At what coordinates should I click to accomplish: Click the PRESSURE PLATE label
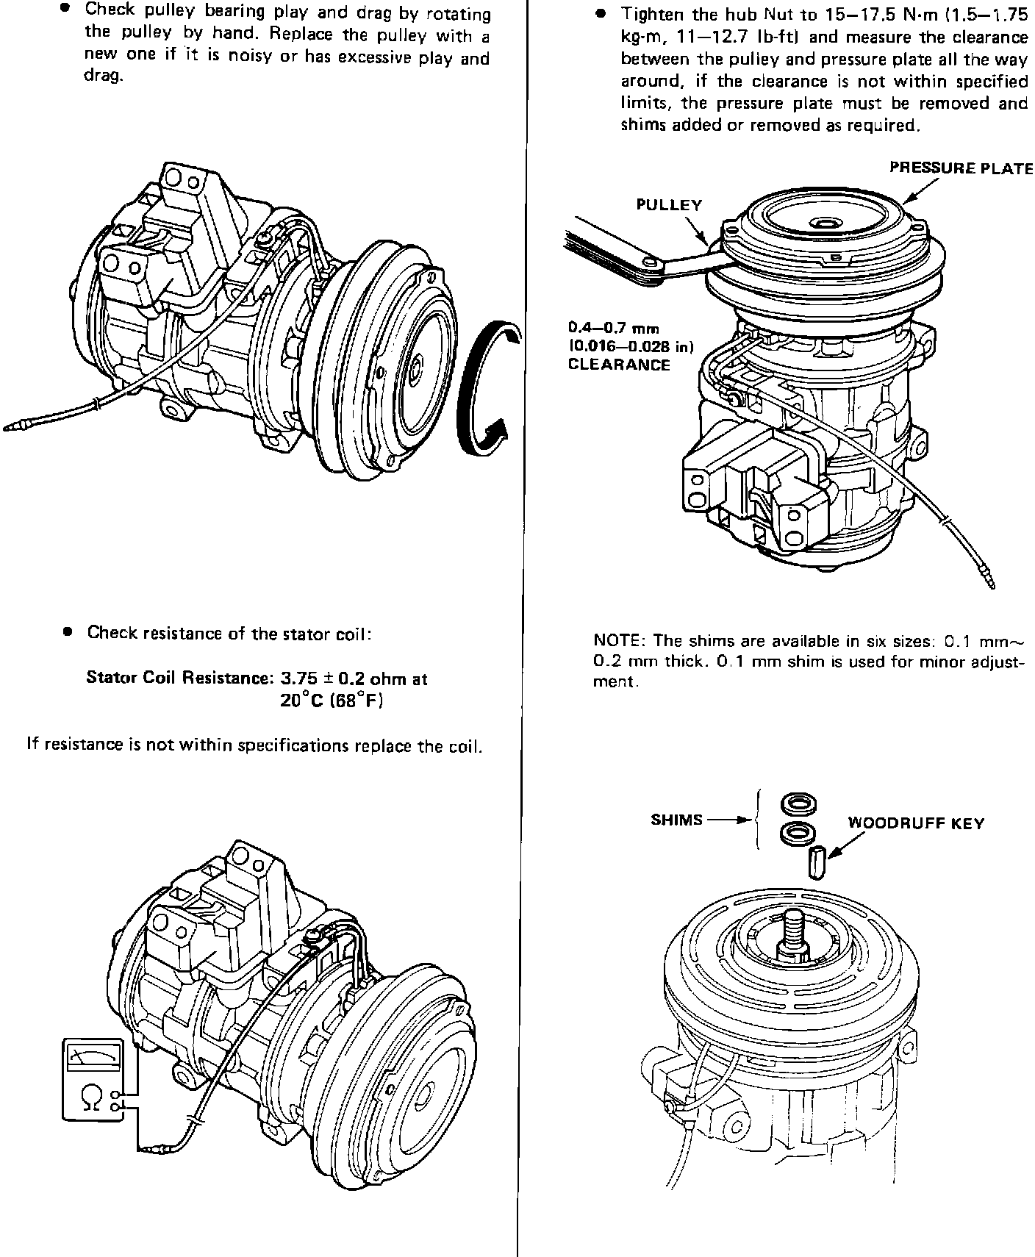coord(961,168)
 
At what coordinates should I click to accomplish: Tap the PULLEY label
coord(669,205)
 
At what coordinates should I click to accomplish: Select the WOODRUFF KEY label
coord(916,823)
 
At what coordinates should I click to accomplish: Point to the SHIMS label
coord(676,820)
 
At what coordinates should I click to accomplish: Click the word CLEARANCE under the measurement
coord(619,365)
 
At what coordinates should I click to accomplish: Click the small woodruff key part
coord(815,862)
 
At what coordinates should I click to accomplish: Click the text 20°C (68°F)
coord(332,701)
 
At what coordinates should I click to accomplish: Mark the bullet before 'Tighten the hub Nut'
coord(601,14)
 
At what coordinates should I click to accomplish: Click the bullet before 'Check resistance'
coord(68,631)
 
